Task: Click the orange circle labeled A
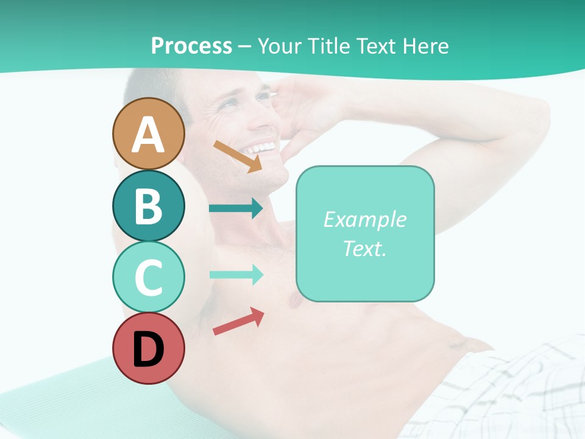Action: tap(148, 134)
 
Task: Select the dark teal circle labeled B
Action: tap(148, 205)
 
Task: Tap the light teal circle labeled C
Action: tap(148, 277)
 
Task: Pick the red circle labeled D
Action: tap(148, 348)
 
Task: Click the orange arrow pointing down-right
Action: tap(238, 156)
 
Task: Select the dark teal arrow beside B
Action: tap(235, 209)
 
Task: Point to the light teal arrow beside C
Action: tap(235, 275)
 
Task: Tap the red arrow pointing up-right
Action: tap(238, 321)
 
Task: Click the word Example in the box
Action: tap(364, 220)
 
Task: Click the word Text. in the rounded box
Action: tap(364, 249)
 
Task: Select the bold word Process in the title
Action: tap(191, 46)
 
